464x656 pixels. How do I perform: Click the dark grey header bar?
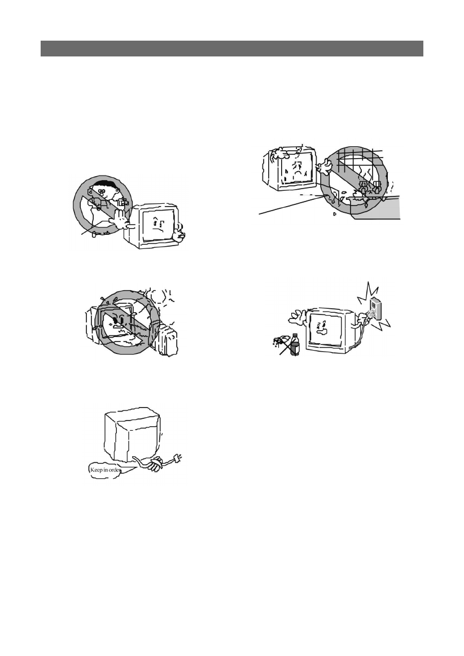(x=231, y=49)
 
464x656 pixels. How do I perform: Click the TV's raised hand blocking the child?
(x=120, y=220)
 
